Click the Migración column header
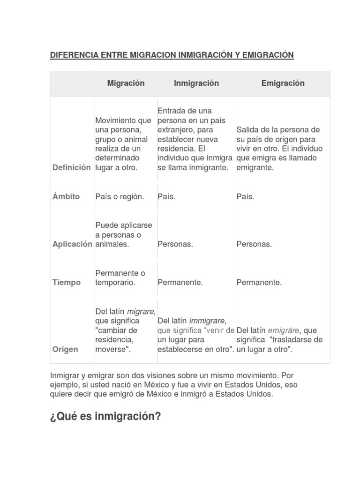126,83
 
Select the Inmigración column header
196,83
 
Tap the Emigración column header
283,83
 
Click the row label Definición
72,167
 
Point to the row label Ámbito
66,196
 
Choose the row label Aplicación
72,244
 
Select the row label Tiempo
67,282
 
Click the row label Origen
65,350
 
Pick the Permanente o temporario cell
120,277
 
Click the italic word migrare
141,312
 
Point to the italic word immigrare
207,321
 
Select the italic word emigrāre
283,330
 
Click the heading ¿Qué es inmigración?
105,416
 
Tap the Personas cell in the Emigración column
254,244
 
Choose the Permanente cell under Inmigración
180,282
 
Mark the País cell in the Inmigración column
166,196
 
